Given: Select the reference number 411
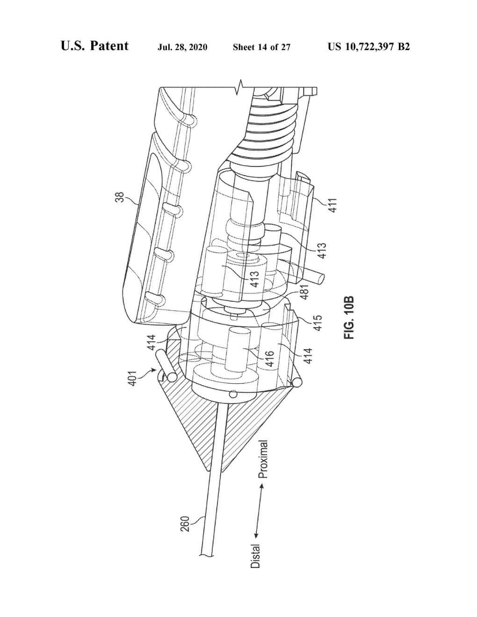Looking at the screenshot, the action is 333,205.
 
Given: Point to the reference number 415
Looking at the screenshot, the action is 318,323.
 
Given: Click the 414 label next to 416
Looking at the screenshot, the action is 308,356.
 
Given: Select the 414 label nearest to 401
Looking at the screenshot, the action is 152,343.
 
